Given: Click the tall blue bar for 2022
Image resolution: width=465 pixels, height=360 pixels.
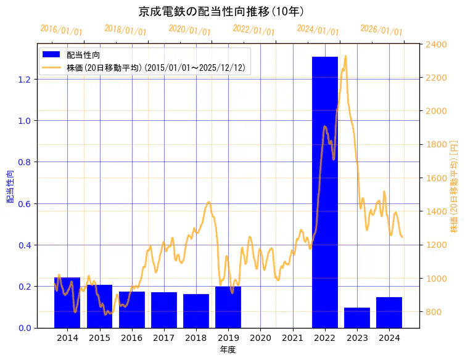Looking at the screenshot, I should click(x=324, y=192).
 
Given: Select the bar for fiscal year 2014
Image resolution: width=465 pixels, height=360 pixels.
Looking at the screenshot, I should click(x=67, y=303).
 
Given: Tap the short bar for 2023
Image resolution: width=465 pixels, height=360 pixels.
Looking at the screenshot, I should click(x=357, y=317).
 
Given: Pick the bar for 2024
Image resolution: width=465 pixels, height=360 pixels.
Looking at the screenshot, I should click(x=389, y=313).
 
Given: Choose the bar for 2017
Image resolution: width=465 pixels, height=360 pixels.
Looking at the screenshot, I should click(x=164, y=310).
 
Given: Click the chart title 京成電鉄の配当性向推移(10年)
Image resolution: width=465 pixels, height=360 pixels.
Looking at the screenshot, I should click(x=221, y=12).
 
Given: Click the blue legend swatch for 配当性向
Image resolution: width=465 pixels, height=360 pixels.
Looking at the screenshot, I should click(x=51, y=55).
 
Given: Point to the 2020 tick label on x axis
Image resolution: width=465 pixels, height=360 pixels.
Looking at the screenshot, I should click(x=260, y=338).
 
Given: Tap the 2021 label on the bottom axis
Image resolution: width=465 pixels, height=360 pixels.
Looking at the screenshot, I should click(x=292, y=338).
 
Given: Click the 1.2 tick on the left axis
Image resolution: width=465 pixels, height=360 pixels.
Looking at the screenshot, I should click(x=24, y=80).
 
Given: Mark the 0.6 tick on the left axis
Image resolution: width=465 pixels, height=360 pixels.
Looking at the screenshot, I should click(x=24, y=204).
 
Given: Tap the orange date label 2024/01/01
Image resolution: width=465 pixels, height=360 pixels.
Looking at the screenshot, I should click(x=318, y=30).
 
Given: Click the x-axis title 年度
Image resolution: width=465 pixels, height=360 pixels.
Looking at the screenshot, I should click(x=228, y=350).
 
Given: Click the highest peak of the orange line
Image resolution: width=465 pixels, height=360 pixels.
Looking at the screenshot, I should click(x=345, y=56).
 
